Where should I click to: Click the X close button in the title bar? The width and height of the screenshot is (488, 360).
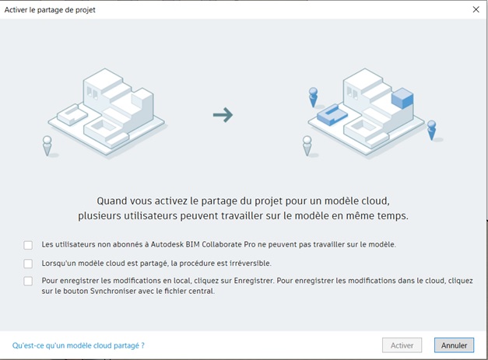click(476, 9)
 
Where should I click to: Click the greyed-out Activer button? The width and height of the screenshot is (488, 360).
click(402, 345)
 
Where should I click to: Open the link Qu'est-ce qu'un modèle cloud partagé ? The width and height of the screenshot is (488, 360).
click(79, 345)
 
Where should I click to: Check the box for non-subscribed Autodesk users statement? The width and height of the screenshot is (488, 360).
click(28, 245)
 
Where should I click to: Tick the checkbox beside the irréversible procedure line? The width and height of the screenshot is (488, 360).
click(28, 264)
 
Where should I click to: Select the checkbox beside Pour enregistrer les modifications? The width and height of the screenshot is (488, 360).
click(28, 281)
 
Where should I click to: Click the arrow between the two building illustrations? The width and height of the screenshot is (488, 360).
click(223, 115)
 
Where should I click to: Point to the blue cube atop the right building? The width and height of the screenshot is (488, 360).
click(402, 98)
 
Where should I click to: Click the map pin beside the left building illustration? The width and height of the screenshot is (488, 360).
click(47, 145)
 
